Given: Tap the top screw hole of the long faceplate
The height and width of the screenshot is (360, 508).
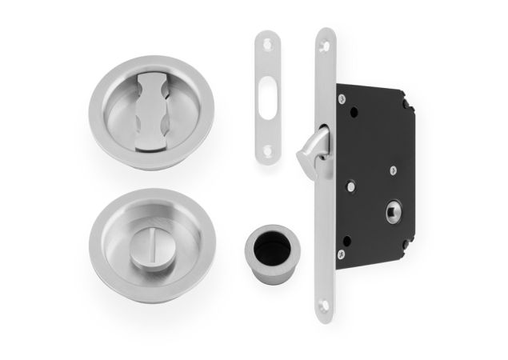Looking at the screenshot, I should (x=325, y=42).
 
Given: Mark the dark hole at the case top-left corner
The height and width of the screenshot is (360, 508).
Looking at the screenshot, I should (x=345, y=98).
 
